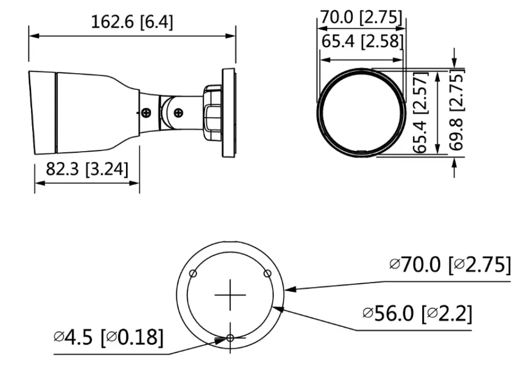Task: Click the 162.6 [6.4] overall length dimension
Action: coord(132,22)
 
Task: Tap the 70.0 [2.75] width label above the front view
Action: coord(361,17)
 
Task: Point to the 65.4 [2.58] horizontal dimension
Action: coord(361,41)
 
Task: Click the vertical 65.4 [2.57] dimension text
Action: coord(422,113)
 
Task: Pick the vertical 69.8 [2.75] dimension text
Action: coord(458,113)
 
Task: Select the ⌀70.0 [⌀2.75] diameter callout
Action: coord(449,264)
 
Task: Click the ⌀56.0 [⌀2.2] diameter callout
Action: coord(417,314)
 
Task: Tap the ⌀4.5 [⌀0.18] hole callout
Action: coord(108,337)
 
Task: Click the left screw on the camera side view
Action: coord(146,113)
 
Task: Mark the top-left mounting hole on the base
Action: coord(193,273)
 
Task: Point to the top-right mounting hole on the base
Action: coord(267,273)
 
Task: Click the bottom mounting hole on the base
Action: coord(230,338)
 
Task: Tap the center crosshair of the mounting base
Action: coord(230,294)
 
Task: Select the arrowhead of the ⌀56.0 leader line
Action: coord(275,306)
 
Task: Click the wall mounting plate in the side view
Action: coord(229,113)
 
